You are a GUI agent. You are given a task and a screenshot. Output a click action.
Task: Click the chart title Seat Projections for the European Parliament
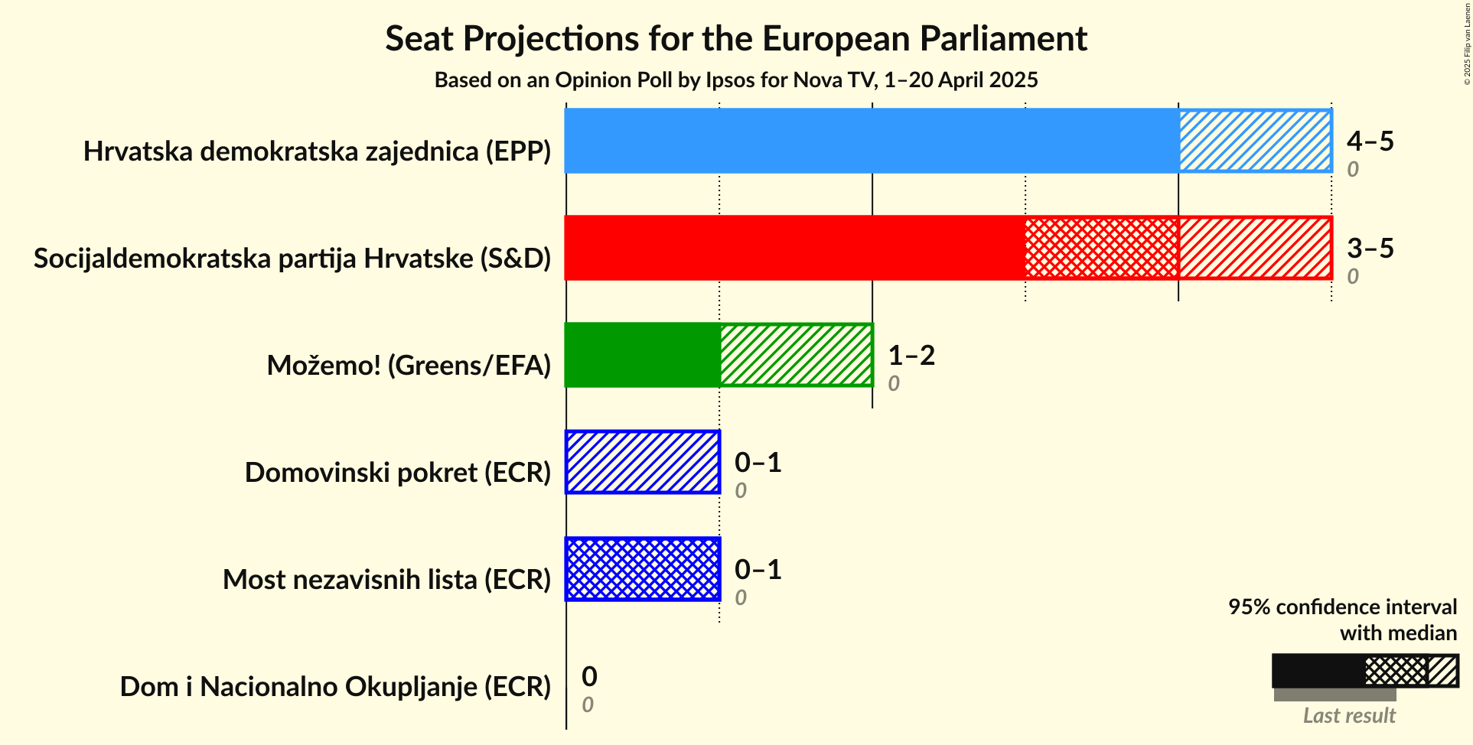735,39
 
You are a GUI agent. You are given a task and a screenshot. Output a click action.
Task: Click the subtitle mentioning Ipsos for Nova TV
735,80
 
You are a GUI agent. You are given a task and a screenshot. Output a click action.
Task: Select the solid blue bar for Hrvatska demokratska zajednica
871,141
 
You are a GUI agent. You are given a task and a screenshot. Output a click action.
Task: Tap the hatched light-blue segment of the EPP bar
1255,141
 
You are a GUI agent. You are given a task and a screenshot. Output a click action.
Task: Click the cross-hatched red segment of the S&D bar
1101,248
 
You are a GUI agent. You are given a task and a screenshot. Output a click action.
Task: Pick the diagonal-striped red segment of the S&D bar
1255,248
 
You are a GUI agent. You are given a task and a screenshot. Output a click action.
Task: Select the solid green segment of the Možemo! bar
642,355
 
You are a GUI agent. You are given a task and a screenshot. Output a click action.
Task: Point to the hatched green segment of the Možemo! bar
796,355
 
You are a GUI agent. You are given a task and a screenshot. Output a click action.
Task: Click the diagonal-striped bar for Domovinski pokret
643,462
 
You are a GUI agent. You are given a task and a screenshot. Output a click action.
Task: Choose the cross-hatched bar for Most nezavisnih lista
643,569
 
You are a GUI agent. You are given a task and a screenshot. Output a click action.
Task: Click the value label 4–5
1370,142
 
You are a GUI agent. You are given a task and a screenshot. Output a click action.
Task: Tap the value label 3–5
1370,249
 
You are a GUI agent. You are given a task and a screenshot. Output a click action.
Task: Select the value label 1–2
911,356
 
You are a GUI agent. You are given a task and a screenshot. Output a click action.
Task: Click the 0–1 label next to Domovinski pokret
758,463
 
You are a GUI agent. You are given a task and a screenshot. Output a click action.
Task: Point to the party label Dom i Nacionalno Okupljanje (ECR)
335,687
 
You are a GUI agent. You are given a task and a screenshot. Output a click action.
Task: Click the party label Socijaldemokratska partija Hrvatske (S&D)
292,259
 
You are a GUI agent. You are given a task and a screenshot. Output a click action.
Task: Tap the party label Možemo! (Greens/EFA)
409,366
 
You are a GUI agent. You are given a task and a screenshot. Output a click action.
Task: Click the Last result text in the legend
1349,716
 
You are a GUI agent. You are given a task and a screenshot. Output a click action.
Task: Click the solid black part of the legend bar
1318,671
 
